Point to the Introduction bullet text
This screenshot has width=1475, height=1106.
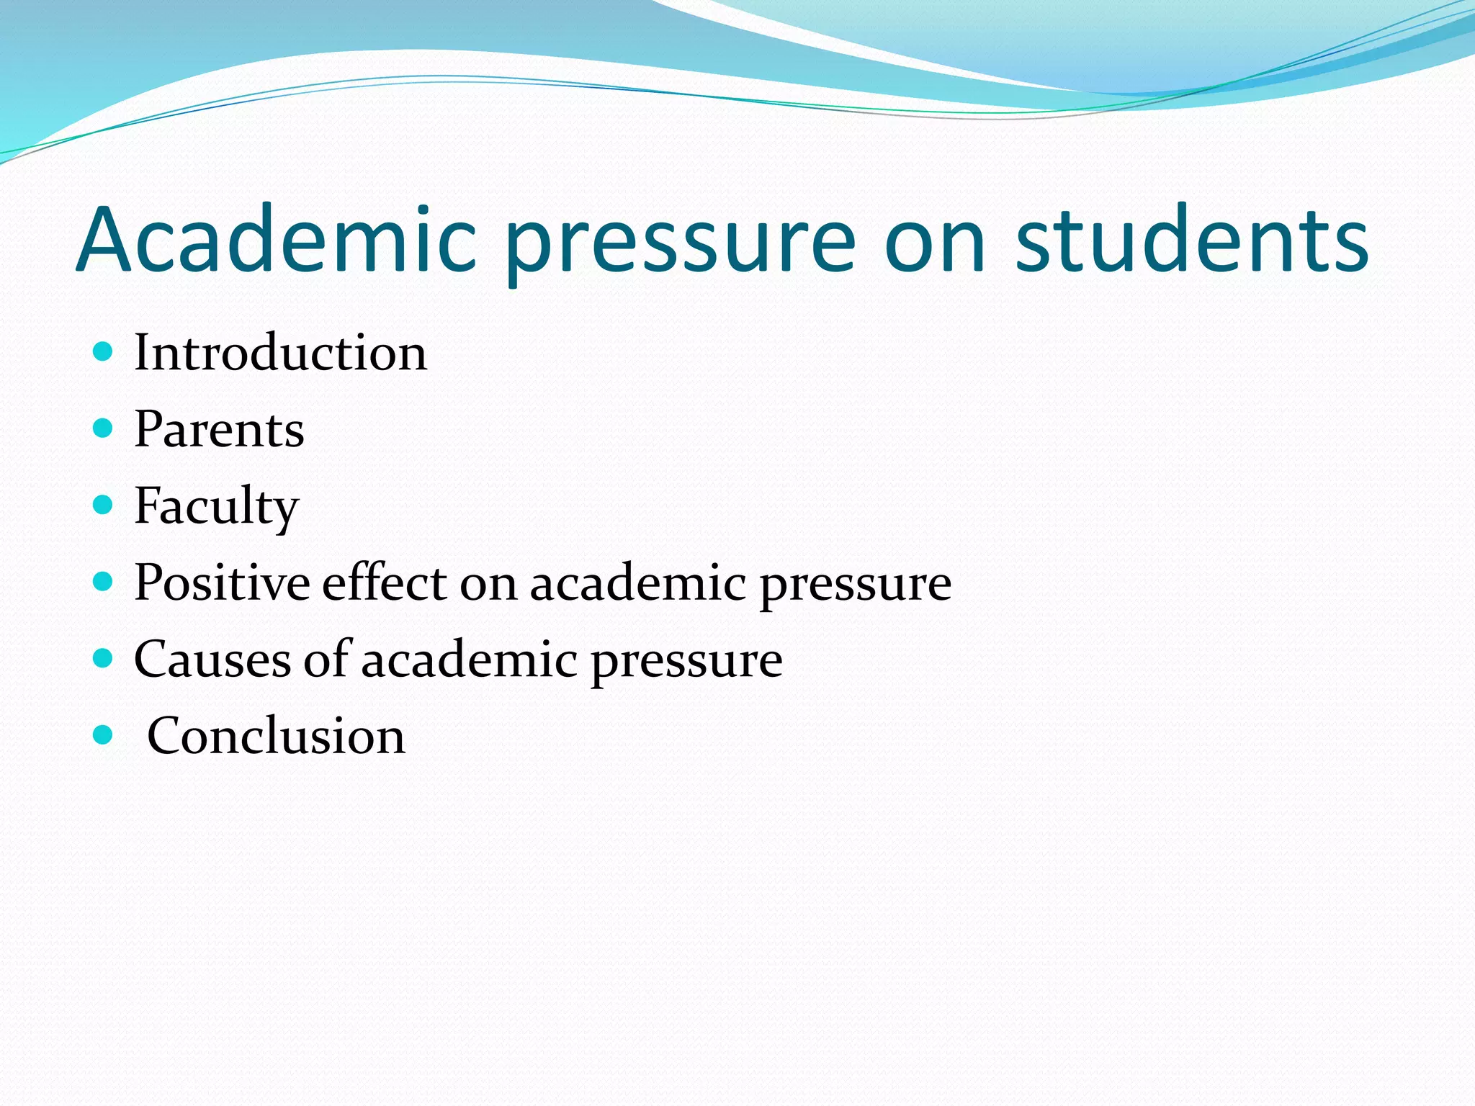280,353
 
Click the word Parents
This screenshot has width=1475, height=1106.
219,430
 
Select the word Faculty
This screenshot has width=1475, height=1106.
216,507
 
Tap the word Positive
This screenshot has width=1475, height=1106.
222,583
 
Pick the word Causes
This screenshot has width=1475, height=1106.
212,659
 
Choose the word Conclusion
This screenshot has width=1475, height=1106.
276,736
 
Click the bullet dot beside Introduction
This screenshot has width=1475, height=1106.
104,352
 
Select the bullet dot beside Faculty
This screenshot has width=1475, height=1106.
104,505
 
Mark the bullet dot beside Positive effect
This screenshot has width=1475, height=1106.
104,582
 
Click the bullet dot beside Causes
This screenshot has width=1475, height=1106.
104,658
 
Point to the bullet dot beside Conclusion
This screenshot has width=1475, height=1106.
104,735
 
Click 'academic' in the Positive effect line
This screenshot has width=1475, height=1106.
637,583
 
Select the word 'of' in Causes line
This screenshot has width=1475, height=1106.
326,658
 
